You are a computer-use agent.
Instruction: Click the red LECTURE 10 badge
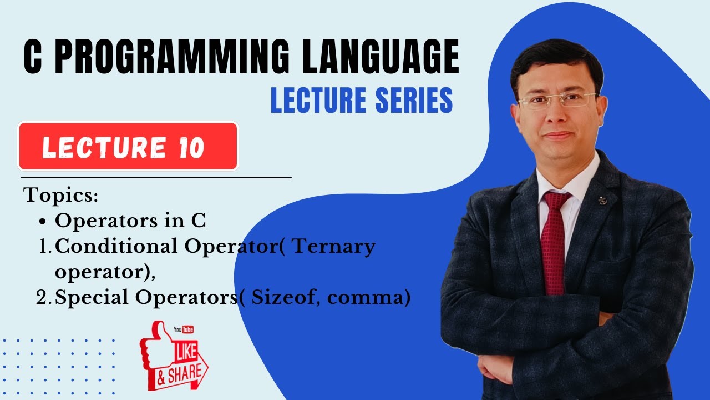pyautogui.click(x=128, y=147)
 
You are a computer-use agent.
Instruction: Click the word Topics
pyautogui.click(x=61, y=196)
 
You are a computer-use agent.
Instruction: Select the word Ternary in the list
pyautogui.click(x=333, y=246)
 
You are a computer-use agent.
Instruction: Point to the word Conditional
pyautogui.click(x=118, y=246)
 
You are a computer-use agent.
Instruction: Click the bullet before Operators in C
pyautogui.click(x=43, y=222)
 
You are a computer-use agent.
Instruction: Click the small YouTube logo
pyautogui.click(x=184, y=329)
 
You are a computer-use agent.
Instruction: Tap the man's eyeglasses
pyautogui.click(x=557, y=100)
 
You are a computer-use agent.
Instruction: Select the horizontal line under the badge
pyautogui.click(x=155, y=178)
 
